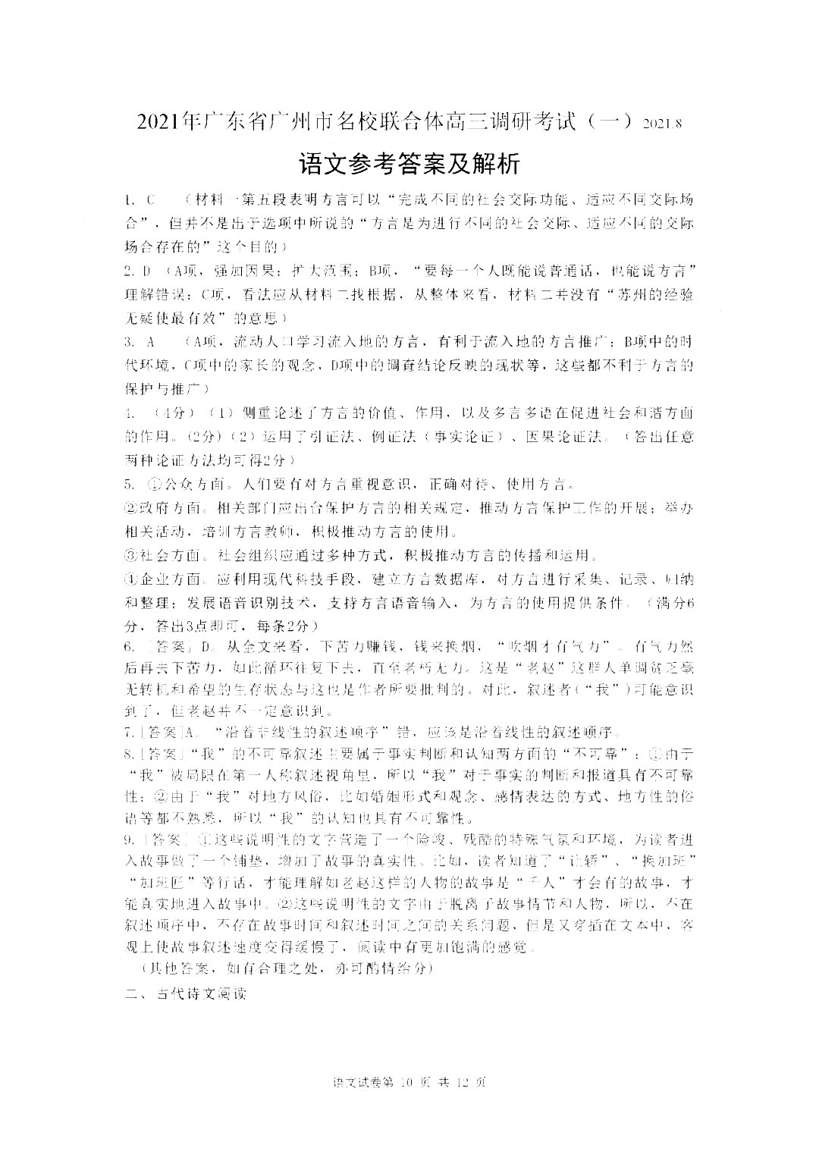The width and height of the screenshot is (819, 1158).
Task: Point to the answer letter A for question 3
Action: point(150,342)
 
